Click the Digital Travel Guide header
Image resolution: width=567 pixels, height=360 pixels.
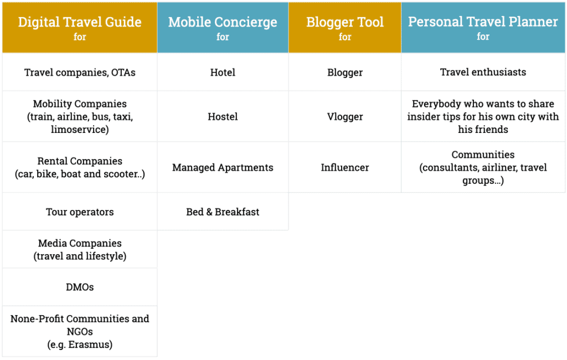point(80,28)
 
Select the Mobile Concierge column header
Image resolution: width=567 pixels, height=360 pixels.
point(223,28)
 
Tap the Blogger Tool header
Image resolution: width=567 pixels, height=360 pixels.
point(345,28)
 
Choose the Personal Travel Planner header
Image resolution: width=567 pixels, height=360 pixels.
point(483,28)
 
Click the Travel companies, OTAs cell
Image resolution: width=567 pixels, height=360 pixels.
point(80,73)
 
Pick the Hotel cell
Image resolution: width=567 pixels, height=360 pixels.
point(223,73)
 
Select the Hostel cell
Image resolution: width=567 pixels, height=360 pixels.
point(223,116)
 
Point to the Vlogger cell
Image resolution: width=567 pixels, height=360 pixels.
point(345,116)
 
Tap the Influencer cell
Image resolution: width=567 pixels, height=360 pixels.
point(345,167)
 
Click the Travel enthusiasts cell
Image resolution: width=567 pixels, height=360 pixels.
point(483,73)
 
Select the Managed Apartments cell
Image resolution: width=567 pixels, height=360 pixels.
point(223,167)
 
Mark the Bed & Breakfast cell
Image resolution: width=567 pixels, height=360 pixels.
point(223,212)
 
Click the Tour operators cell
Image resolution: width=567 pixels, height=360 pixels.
point(80,212)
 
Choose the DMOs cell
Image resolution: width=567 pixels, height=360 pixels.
point(80,287)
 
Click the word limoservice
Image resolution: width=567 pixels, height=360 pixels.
point(78,129)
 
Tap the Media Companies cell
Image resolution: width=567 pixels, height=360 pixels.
point(80,249)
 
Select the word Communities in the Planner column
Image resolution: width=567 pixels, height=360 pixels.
point(483,155)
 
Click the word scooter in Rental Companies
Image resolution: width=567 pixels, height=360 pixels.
point(121,174)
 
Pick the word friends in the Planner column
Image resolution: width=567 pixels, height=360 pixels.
point(491,129)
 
